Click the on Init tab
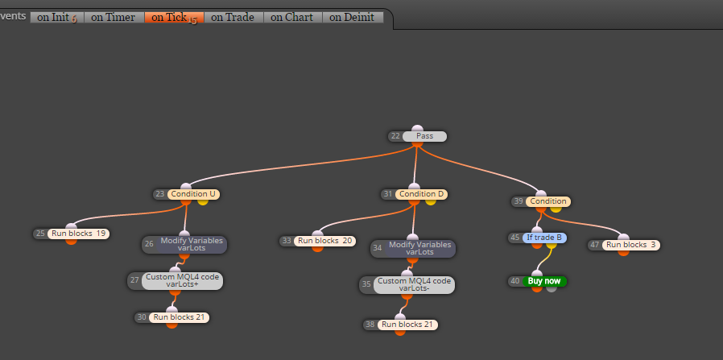click(57, 18)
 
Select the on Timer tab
click(114, 18)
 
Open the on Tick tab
click(174, 18)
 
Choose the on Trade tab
click(233, 18)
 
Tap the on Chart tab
click(292, 18)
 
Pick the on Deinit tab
click(353, 18)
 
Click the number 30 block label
click(142, 317)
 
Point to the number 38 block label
click(370, 325)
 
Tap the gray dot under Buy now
click(552, 288)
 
